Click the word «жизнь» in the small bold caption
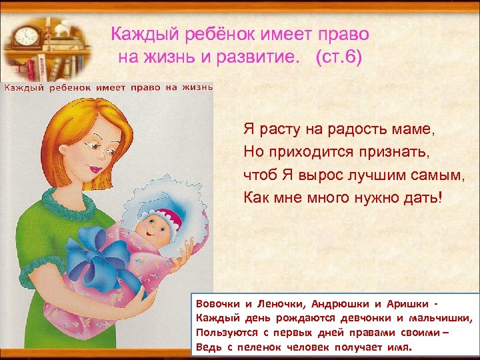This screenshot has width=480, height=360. click(x=197, y=87)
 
